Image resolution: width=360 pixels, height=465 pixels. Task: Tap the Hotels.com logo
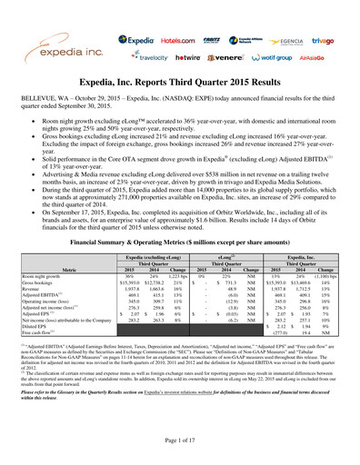point(166,39)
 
